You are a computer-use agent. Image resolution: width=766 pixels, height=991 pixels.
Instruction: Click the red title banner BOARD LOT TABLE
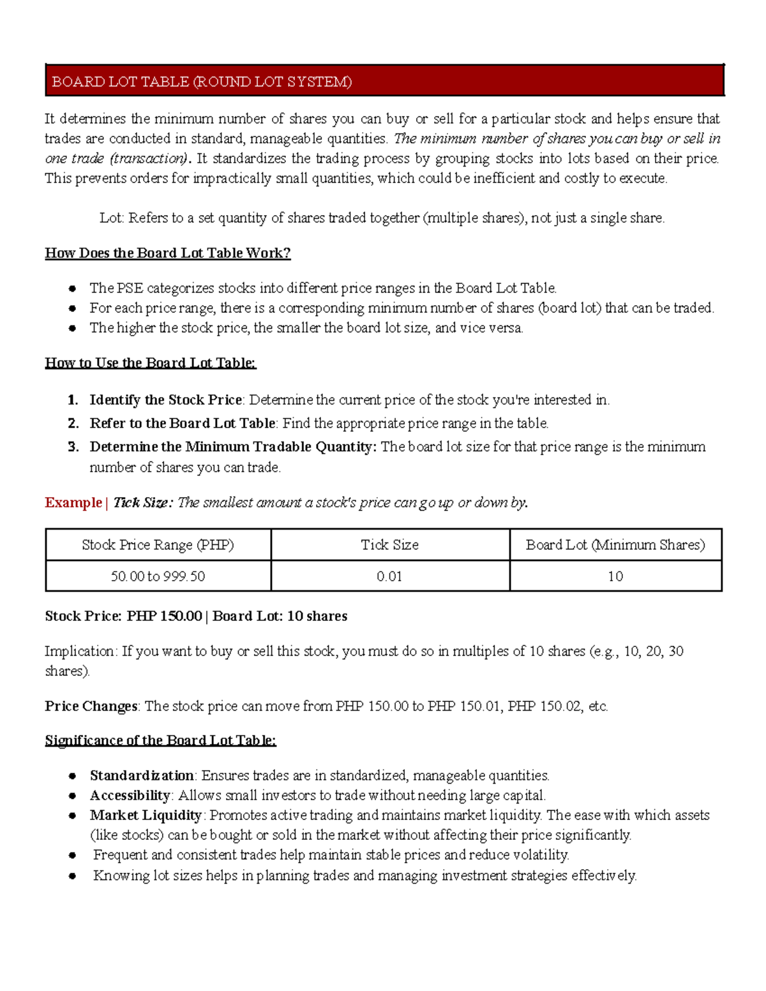click(x=384, y=81)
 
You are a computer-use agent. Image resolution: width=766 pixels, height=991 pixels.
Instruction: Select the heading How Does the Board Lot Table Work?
click(x=167, y=253)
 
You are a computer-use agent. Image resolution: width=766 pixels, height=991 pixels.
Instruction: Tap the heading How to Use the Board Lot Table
click(x=150, y=363)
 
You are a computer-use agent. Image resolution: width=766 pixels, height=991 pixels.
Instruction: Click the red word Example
click(x=73, y=503)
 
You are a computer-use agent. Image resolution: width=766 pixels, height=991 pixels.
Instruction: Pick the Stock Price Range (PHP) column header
click(x=158, y=545)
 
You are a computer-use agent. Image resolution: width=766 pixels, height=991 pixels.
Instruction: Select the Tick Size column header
click(x=389, y=545)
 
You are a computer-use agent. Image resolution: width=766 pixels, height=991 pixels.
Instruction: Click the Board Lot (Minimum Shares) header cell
click(x=615, y=545)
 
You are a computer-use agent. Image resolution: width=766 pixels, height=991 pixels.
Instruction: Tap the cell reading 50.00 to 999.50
click(x=158, y=576)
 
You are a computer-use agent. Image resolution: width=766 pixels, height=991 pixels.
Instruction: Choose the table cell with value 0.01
click(x=389, y=576)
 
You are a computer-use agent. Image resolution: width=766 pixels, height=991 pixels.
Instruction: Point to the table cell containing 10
click(x=615, y=576)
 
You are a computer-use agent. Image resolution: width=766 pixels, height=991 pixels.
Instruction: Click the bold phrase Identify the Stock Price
click(x=165, y=400)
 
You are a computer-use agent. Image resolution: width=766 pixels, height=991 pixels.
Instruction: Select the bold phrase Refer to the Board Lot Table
click(x=182, y=424)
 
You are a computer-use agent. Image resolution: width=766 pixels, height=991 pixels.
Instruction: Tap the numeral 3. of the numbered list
click(x=73, y=447)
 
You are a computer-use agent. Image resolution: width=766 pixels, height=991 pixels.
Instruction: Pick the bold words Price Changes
click(x=91, y=706)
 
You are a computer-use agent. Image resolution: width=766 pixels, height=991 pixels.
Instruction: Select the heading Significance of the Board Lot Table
click(x=160, y=741)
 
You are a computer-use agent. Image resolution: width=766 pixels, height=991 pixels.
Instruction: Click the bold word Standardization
click(x=142, y=776)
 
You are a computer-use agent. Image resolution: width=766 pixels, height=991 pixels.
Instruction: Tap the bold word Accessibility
click(x=130, y=796)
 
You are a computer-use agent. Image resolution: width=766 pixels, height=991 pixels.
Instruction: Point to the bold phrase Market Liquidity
click(x=146, y=816)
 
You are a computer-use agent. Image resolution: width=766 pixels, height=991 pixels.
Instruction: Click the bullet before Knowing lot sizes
click(x=73, y=876)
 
